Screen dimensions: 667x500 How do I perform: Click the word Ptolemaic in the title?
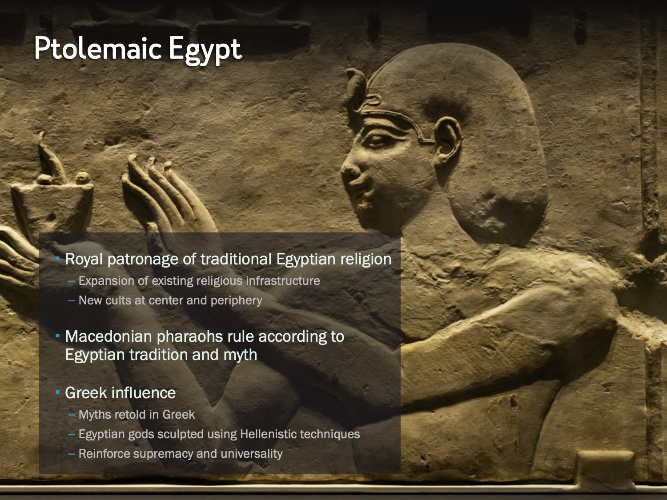coord(98,48)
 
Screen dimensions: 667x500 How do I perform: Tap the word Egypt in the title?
coord(205,50)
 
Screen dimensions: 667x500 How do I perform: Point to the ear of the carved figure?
coord(447,141)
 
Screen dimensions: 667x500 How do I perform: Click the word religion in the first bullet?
coord(366,260)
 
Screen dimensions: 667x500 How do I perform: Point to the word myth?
coord(240,355)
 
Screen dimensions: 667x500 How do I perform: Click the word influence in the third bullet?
coord(144,393)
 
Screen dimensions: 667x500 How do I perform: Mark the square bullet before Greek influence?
coord(57,392)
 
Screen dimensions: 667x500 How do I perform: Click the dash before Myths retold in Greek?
coord(72,415)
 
